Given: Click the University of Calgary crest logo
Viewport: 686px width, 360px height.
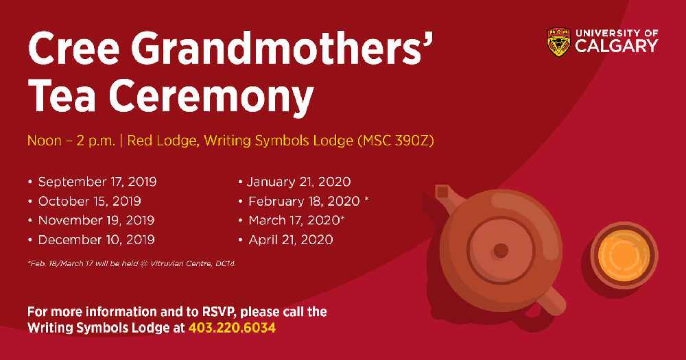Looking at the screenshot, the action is pos(558,42).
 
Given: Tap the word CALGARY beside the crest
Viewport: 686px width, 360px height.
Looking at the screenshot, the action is pos(617,46).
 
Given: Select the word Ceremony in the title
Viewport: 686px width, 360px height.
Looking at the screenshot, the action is pos(211,97).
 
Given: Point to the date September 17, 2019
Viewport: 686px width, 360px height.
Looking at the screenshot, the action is pos(97,182).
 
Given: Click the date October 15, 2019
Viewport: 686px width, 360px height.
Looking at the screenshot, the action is pos(90,201).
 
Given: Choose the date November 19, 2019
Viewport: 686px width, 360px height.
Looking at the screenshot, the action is pos(96,221).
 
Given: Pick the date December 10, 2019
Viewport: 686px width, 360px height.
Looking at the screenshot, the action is pos(96,240).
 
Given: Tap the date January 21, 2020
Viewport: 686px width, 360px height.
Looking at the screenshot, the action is pos(299,182).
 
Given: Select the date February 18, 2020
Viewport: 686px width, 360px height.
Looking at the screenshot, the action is pos(304,201).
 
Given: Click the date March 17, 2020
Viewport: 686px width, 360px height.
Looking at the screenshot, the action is pos(294,221).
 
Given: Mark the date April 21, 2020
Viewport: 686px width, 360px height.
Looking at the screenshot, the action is pos(291,240).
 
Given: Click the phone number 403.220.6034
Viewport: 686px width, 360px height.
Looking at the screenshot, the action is pos(232,328).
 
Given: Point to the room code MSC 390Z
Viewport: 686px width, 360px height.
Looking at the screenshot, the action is pos(396,141).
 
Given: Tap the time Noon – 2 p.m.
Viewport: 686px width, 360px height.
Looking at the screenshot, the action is pos(71,141).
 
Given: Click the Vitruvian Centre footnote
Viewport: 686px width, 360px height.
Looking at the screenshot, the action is pos(132,264).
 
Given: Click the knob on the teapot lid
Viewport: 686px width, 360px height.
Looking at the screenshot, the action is pos(501,251).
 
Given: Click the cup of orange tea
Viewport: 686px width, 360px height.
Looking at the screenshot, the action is pos(624,256).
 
